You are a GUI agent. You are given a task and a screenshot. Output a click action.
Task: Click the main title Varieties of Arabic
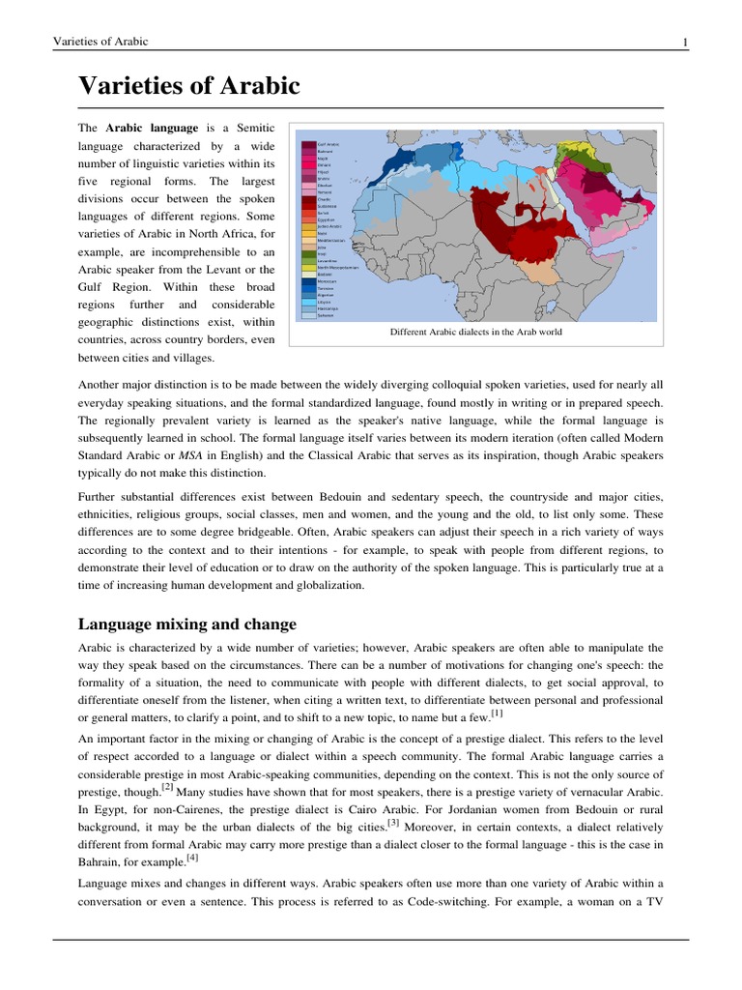click(189, 87)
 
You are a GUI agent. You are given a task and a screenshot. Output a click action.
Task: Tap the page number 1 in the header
click(684, 41)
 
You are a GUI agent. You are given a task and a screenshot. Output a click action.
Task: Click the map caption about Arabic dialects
click(475, 332)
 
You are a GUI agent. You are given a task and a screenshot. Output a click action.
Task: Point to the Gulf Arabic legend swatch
click(308, 143)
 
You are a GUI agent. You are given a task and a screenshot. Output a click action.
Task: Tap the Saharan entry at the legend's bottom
click(324, 315)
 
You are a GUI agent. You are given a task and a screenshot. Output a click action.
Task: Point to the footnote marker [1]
click(497, 713)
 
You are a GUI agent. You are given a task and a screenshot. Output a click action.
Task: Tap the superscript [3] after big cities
click(393, 823)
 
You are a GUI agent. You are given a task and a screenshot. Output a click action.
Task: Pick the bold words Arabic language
click(152, 128)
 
